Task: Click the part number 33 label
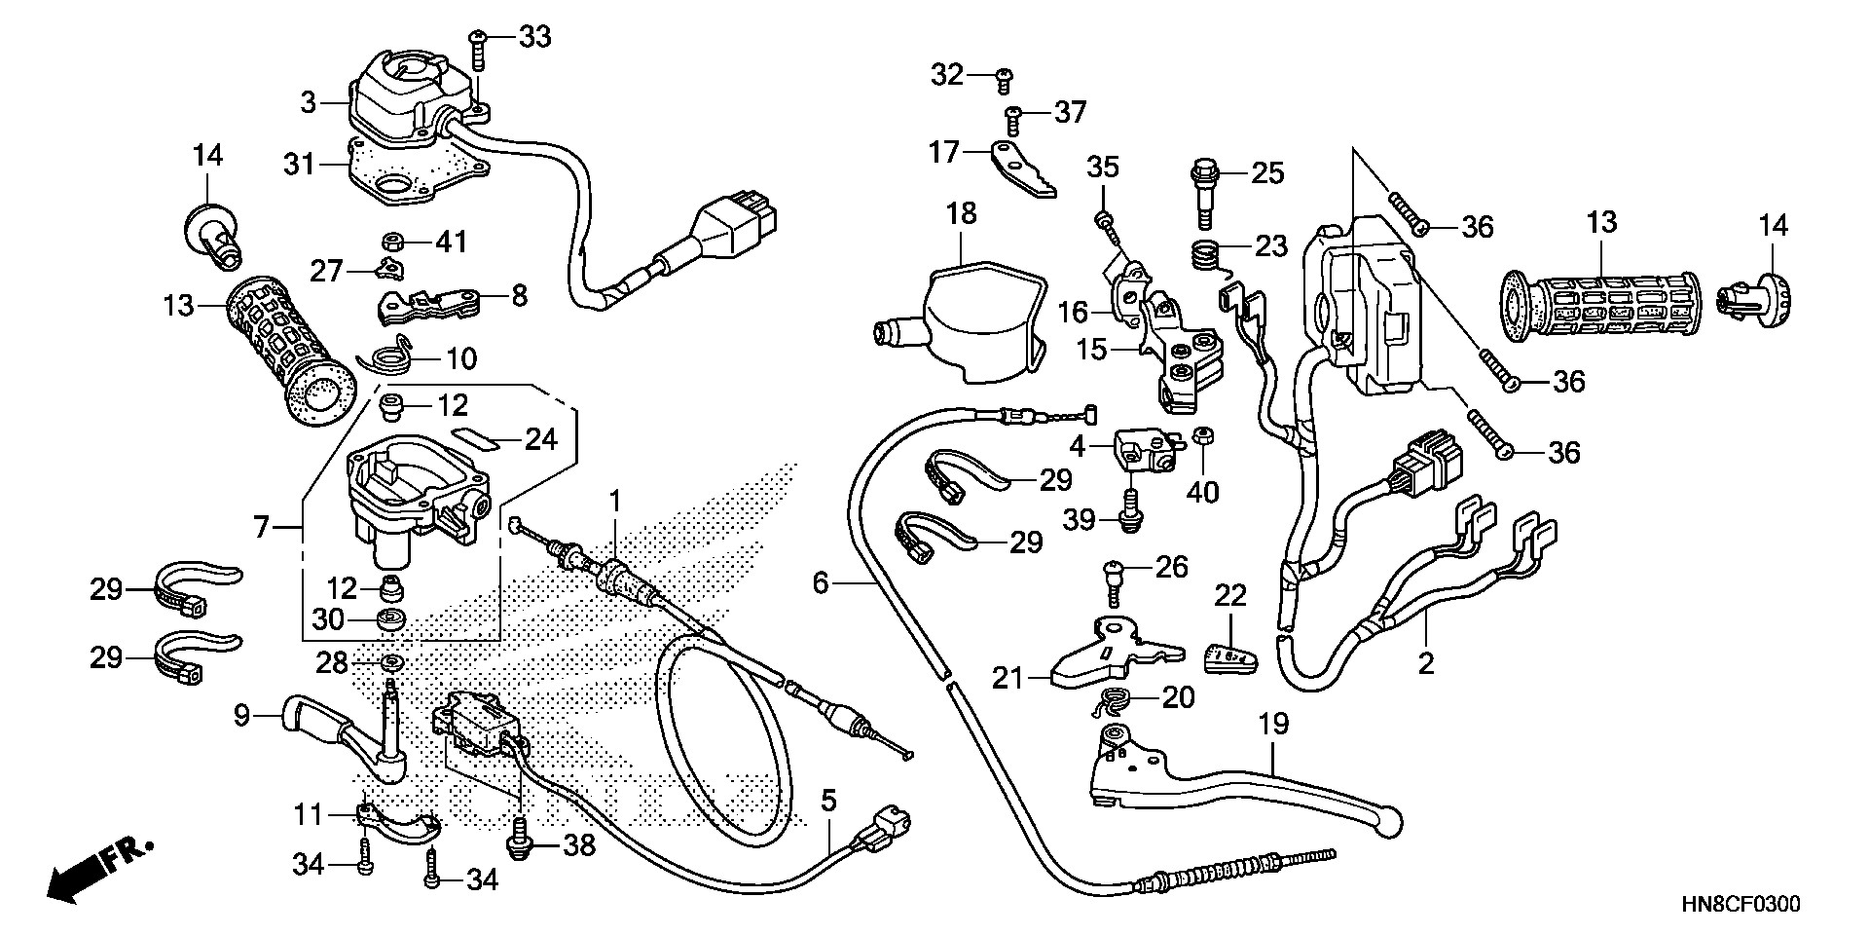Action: pyautogui.click(x=533, y=37)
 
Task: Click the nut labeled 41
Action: pyautogui.click(x=394, y=242)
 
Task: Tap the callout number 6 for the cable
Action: pyautogui.click(x=821, y=584)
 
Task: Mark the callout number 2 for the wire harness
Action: pyautogui.click(x=1426, y=664)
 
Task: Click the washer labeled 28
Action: pyautogui.click(x=391, y=663)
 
